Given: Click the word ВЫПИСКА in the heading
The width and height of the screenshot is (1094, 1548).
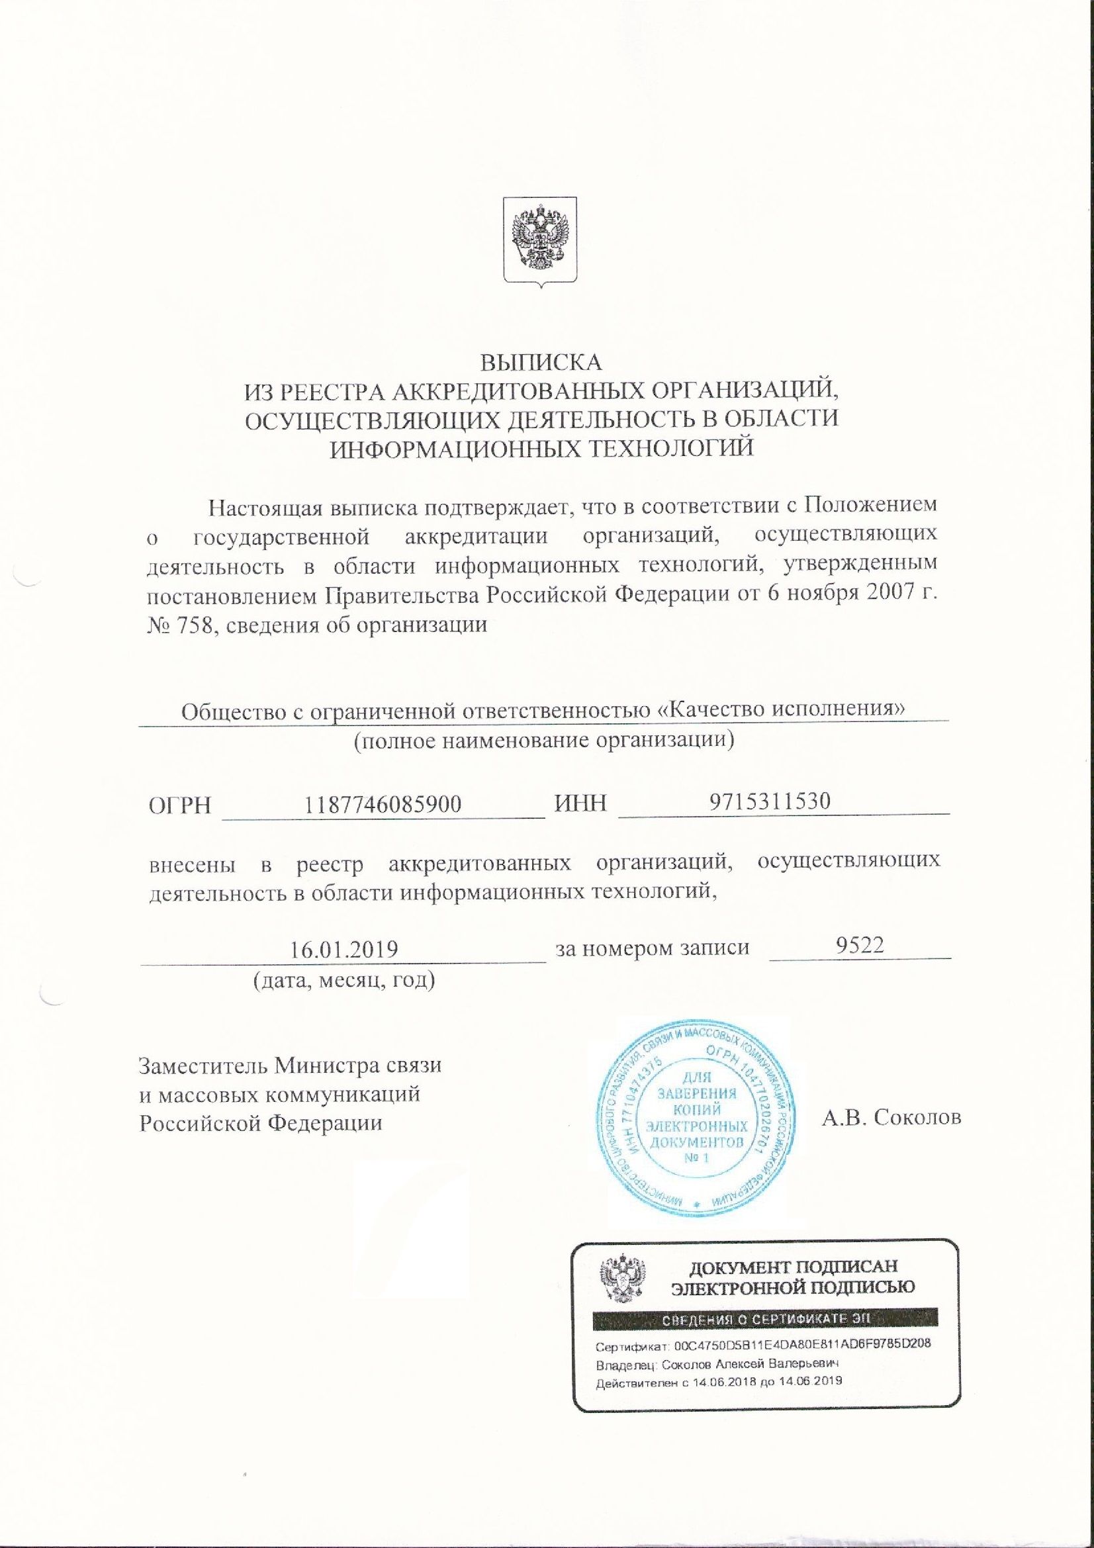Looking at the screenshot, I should click(540, 362).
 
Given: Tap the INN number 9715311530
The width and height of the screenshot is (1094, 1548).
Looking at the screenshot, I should click(770, 801).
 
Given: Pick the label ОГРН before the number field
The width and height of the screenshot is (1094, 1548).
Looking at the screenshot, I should click(179, 805).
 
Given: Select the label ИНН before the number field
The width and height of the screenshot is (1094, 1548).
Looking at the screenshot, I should click(580, 803).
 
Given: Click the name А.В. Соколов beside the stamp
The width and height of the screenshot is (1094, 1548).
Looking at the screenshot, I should click(891, 1118).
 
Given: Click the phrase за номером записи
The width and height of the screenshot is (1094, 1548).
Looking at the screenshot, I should click(653, 947).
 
